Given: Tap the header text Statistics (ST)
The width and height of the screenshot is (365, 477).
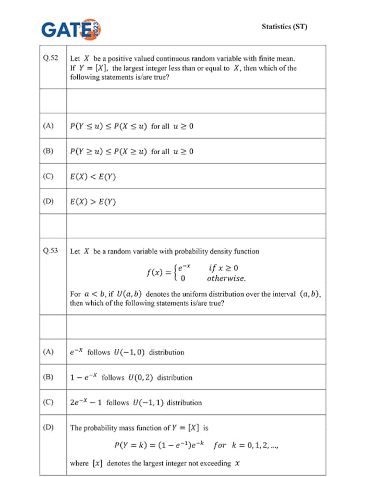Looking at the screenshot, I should click(284, 27).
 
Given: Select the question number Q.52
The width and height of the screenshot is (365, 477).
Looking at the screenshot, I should click(51, 58).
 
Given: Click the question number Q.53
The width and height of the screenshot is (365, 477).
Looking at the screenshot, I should click(51, 251).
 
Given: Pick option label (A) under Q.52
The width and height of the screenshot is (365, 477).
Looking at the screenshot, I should click(48, 126).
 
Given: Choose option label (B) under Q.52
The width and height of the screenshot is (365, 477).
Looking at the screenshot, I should click(48, 151).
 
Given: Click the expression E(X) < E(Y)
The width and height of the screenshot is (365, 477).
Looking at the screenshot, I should click(93, 177).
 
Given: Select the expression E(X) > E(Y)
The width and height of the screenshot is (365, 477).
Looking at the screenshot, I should click(93, 202).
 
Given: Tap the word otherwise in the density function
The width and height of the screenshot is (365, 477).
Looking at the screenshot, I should click(226, 278).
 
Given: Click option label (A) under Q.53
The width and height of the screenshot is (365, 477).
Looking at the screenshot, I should click(48, 352).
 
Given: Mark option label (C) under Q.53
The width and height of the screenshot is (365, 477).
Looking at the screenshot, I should click(48, 402).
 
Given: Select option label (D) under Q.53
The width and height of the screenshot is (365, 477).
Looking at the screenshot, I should click(48, 427).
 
